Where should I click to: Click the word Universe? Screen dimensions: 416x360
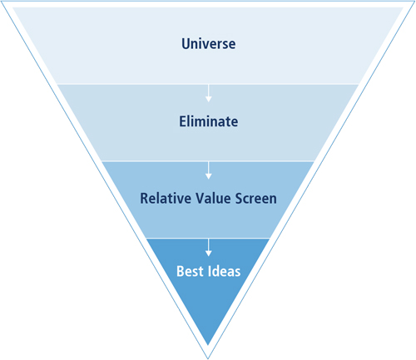point(209,44)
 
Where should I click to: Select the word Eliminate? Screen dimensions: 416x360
point(209,121)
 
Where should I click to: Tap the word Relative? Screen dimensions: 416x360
point(166,199)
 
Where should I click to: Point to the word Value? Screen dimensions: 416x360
point(213,199)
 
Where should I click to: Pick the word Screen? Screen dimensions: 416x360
point(256,199)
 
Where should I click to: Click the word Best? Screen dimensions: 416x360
point(190,271)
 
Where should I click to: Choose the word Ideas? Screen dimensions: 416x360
point(225,271)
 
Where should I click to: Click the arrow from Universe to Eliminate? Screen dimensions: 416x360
point(209,93)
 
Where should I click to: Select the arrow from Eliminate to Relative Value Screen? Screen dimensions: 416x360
point(209,170)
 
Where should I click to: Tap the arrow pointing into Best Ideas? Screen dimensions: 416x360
point(209,247)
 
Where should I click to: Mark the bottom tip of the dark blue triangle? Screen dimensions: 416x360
point(208,345)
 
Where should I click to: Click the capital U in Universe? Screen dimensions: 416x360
point(186,44)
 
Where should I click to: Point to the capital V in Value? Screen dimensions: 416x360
point(201,199)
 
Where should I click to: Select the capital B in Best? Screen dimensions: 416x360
point(181,271)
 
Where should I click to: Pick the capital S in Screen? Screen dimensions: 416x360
point(240,199)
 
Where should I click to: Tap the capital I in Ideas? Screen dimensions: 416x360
point(210,271)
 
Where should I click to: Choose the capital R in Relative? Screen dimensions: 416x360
point(145,199)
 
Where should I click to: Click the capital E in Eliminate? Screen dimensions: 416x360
point(183,121)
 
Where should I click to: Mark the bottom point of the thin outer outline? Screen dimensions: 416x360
point(208,359)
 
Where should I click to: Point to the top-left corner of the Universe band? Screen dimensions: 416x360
point(12,7)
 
